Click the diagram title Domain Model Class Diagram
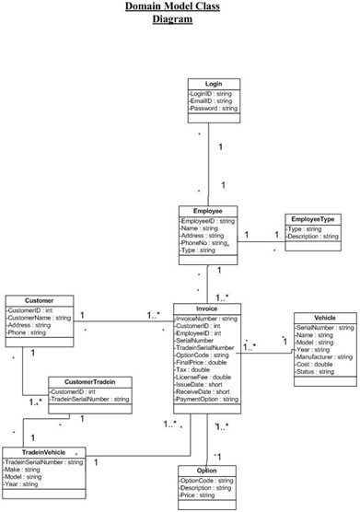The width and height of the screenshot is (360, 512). point(180,12)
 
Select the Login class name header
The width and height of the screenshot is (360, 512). point(213,83)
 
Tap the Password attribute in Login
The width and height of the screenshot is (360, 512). point(214,109)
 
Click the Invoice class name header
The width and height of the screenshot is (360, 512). point(207,308)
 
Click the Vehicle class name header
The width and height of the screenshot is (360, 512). point(325,317)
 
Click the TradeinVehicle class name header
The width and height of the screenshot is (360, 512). point(45,453)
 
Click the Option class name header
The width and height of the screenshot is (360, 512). point(207,470)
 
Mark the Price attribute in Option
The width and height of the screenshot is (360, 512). point(200,495)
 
